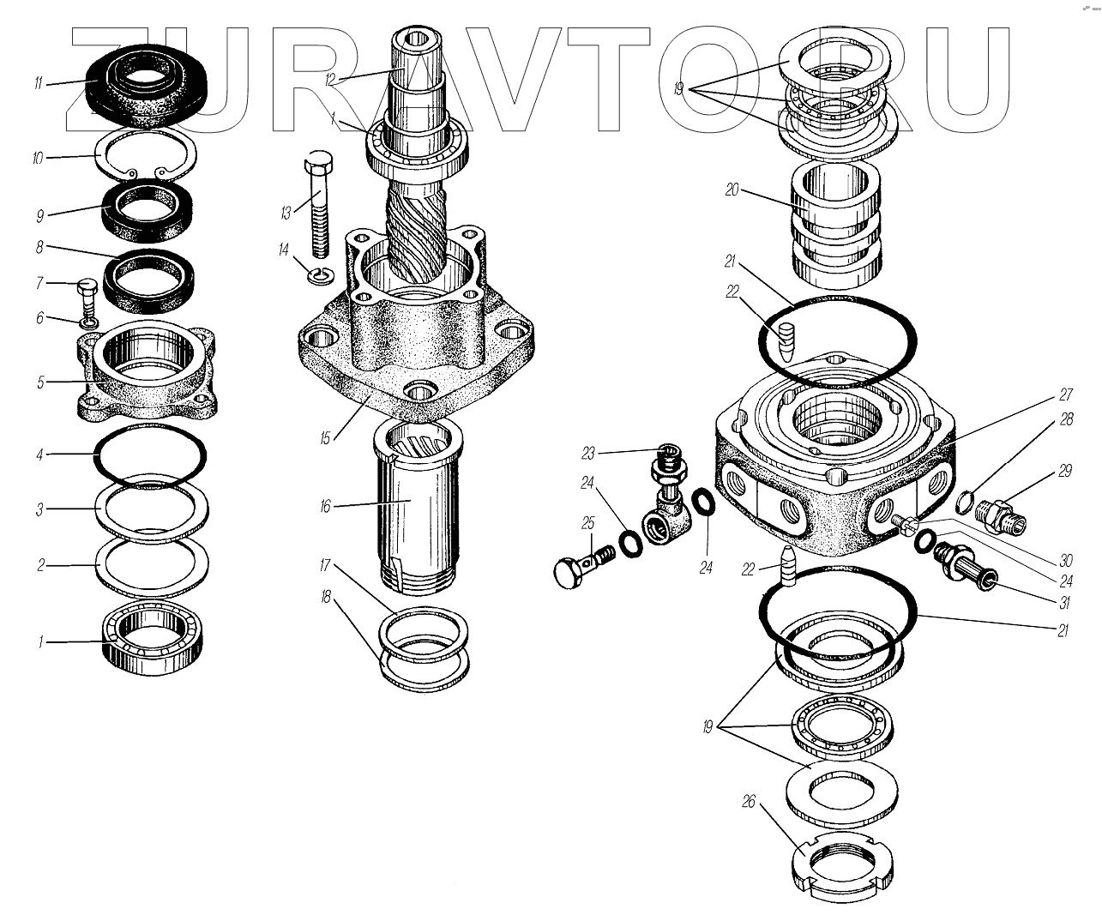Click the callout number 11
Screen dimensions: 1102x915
38,83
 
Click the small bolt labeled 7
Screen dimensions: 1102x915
87,298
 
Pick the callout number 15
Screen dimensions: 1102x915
324,438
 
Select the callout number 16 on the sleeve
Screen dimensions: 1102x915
325,507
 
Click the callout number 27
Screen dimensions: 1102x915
1066,394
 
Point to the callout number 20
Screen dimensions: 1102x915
732,190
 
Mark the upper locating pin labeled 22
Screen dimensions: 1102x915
786,341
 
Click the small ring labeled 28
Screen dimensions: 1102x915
964,502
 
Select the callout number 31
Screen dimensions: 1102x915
1064,602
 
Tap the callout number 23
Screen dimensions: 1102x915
588,454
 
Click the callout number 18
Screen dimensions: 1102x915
326,597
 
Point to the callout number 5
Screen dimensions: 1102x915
40,382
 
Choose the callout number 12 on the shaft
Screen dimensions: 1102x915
330,81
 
